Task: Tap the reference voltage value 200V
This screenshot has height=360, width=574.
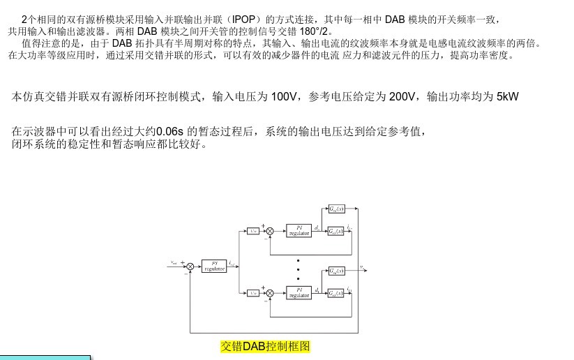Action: (x=402, y=96)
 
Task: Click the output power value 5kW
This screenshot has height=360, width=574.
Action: (x=508, y=96)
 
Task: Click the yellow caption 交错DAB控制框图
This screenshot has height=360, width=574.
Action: (x=265, y=346)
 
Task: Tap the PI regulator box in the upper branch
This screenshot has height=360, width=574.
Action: (x=298, y=230)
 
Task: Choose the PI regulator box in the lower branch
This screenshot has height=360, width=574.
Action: (x=298, y=292)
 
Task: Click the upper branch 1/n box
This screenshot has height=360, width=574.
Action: (x=252, y=230)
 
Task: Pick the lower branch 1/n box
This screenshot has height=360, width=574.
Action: (x=252, y=292)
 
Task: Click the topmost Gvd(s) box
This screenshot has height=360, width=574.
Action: (x=335, y=209)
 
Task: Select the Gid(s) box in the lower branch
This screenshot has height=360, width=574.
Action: (x=335, y=292)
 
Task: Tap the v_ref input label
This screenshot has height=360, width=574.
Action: (x=174, y=263)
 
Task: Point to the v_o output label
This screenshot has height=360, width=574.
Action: (x=361, y=266)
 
